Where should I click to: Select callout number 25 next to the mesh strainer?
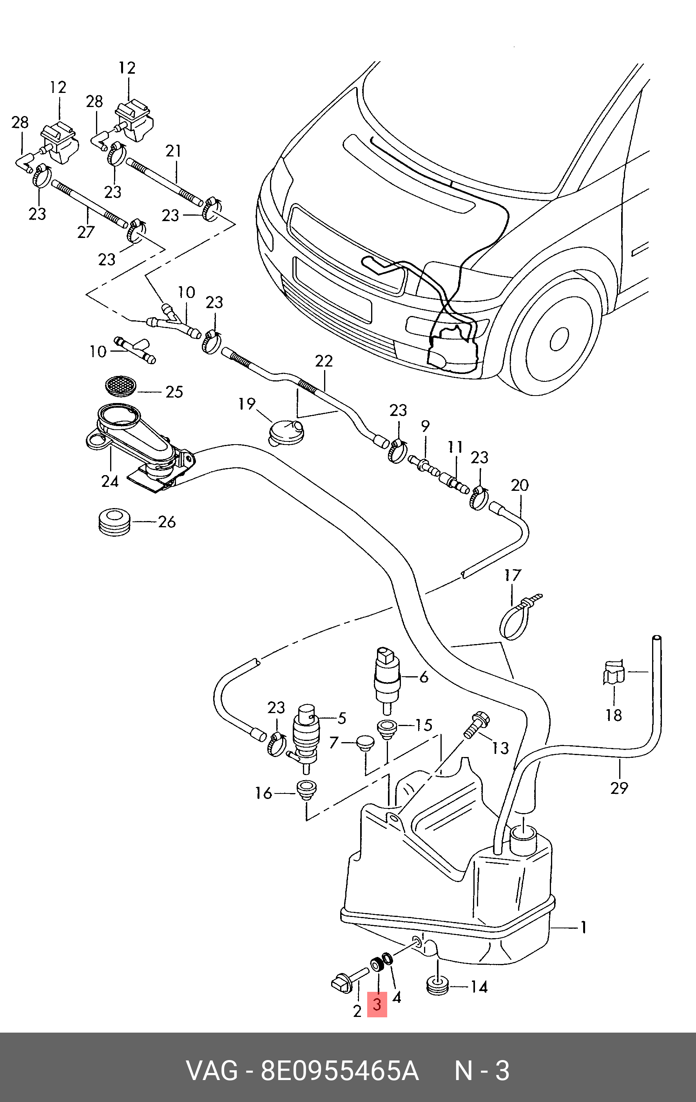pos(174,392)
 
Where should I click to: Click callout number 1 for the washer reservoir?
pos(584,928)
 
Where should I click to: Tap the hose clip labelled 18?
pos(614,673)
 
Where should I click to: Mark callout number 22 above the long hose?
pos(324,361)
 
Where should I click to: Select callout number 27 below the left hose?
pos(85,232)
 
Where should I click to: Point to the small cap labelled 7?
pos(365,741)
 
